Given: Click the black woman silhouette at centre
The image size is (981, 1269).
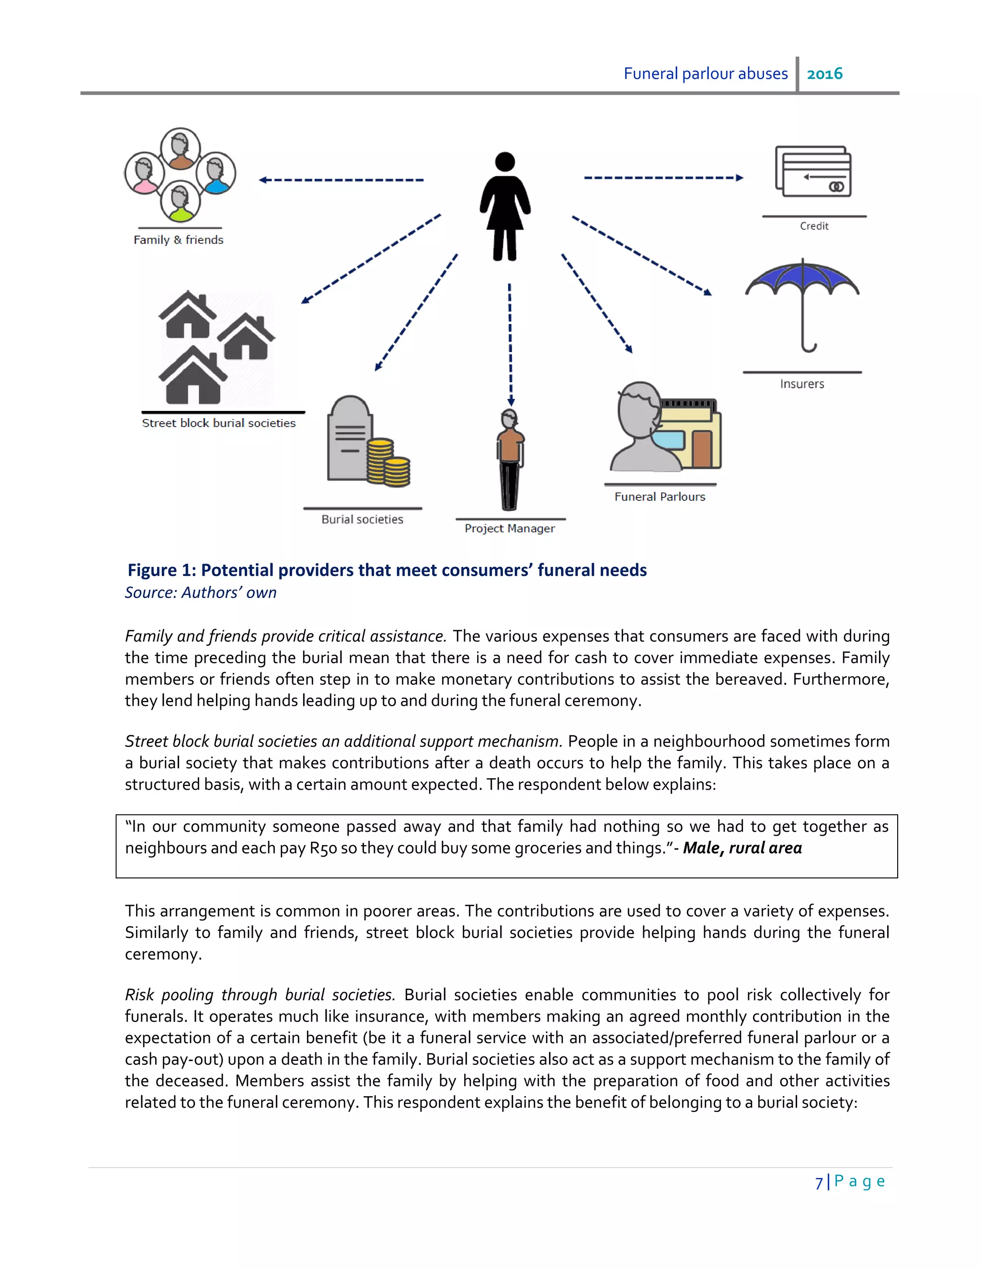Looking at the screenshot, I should click(504, 206).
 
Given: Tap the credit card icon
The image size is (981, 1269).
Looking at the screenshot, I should click(814, 172).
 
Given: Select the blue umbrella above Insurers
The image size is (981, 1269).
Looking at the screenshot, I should click(802, 279).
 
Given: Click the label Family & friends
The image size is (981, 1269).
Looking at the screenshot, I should click(178, 240).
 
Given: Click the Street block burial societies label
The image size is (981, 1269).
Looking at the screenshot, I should click(218, 423).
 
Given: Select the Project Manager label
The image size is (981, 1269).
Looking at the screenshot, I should click(510, 528).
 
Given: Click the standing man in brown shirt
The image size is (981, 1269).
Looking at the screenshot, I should click(510, 459).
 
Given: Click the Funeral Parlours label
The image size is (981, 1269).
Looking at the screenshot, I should click(660, 497).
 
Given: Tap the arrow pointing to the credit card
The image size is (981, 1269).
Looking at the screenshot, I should click(662, 178).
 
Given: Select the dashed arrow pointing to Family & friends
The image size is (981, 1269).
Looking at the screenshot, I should click(341, 180).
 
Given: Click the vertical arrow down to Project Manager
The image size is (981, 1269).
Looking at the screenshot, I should click(510, 343).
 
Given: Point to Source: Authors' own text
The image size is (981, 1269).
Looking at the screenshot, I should click(201, 593).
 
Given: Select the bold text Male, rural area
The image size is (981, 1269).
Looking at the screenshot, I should click(742, 849).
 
